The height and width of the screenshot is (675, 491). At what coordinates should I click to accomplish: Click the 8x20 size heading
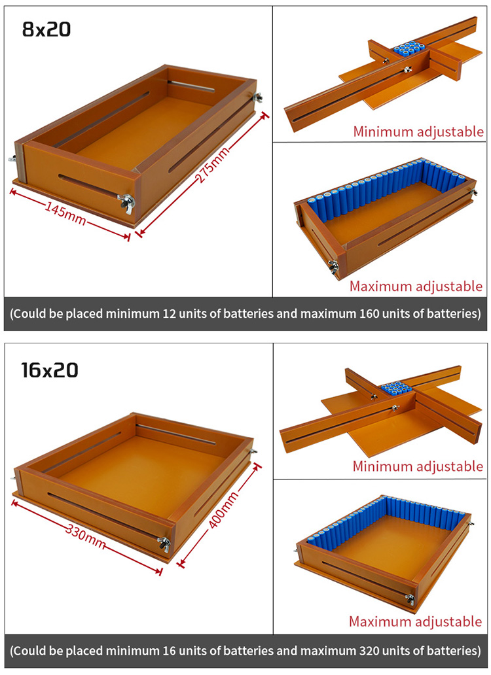(x=46, y=29)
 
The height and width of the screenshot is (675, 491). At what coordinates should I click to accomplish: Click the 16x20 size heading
(x=50, y=370)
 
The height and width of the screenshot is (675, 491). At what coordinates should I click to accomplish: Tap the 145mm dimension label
(x=65, y=213)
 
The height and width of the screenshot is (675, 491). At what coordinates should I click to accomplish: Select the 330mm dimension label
(x=85, y=536)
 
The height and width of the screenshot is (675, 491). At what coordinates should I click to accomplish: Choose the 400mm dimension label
(x=223, y=511)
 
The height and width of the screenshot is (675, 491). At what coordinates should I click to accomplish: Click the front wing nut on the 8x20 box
(x=126, y=202)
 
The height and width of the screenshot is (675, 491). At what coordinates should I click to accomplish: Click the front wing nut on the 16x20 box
(x=163, y=544)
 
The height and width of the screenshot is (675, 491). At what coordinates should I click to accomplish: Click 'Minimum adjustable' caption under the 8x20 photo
(x=418, y=131)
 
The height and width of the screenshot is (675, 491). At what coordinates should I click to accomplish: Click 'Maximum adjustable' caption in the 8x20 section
(x=416, y=286)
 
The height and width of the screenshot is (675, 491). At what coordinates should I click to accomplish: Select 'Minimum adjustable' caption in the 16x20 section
(x=418, y=466)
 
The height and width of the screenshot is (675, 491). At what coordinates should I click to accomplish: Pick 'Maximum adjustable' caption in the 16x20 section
(x=415, y=621)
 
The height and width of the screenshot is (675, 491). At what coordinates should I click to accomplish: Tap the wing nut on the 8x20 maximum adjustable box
(x=333, y=267)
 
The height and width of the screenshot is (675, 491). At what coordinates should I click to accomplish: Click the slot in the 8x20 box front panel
(x=89, y=185)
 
